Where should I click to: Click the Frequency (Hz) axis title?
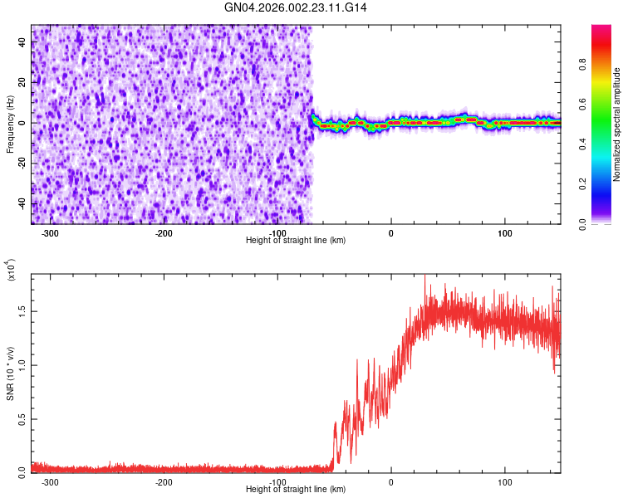[x=11, y=124]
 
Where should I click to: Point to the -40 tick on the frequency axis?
[x=22, y=203]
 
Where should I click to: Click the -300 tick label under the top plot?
[x=50, y=233]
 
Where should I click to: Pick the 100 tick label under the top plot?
[x=504, y=233]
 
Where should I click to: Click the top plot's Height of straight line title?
[x=296, y=240]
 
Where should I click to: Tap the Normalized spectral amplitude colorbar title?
[x=617, y=124]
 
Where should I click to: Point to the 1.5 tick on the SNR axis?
[x=21, y=310]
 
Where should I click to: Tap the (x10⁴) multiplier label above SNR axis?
[x=11, y=269]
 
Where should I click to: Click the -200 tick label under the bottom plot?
[x=164, y=481]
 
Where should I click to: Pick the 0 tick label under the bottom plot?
[x=390, y=481]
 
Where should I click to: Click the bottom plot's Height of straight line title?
[x=296, y=489]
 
